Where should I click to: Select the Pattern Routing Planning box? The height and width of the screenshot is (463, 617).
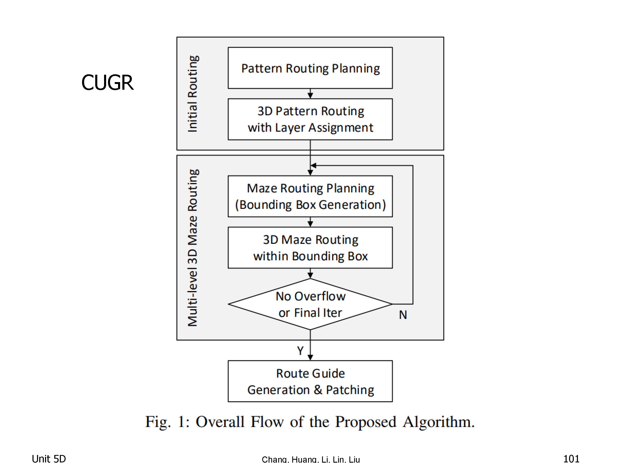[310, 68]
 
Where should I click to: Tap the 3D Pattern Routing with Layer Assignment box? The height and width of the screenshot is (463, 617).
[310, 119]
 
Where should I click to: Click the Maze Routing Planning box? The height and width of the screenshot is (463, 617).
[310, 196]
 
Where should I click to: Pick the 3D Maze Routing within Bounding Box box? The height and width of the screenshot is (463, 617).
[310, 248]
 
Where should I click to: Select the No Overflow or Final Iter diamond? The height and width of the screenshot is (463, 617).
[310, 304]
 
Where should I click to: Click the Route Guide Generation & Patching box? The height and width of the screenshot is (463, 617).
[310, 381]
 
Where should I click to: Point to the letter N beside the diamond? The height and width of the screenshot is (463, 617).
[403, 315]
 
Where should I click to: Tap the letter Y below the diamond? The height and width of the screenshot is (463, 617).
[300, 350]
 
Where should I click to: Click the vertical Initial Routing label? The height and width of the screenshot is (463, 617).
[193, 94]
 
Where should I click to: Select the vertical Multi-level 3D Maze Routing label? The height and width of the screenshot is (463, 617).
[193, 248]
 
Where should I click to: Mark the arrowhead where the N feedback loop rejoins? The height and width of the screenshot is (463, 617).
[313, 165]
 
